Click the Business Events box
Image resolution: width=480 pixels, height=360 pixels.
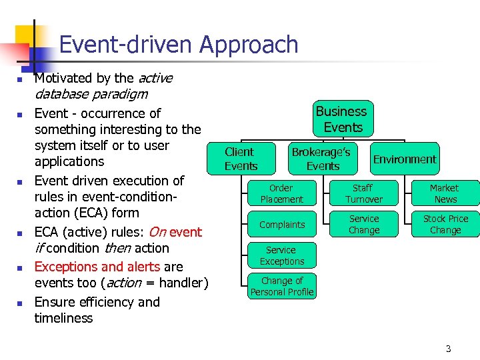pyautogui.click(x=341, y=119)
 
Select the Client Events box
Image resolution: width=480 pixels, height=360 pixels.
pyautogui.click(x=241, y=159)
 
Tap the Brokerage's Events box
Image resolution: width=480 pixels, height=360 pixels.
pyautogui.click(x=323, y=159)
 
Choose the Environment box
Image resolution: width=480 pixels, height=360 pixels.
pyautogui.click(x=405, y=159)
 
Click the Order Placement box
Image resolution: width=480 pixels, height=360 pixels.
pyautogui.click(x=281, y=194)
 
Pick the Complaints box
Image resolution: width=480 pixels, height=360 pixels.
pyautogui.click(x=281, y=225)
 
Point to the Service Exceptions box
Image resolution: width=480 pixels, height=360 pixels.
pyautogui.click(x=281, y=256)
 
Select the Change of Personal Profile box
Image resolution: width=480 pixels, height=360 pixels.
pyautogui.click(x=281, y=287)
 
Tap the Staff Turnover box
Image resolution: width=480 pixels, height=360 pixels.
pyautogui.click(x=364, y=194)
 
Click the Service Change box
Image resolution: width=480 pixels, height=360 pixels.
pyautogui.click(x=364, y=225)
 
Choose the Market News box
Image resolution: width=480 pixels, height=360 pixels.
pyautogui.click(x=445, y=194)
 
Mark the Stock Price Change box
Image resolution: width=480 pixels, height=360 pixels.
pyautogui.click(x=445, y=225)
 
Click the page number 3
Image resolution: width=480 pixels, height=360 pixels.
pyautogui.click(x=448, y=349)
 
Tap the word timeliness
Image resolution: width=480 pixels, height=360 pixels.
pyautogui.click(x=63, y=318)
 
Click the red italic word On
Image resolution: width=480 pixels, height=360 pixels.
pyautogui.click(x=157, y=232)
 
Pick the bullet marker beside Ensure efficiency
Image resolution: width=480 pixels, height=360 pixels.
pyautogui.click(x=20, y=303)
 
